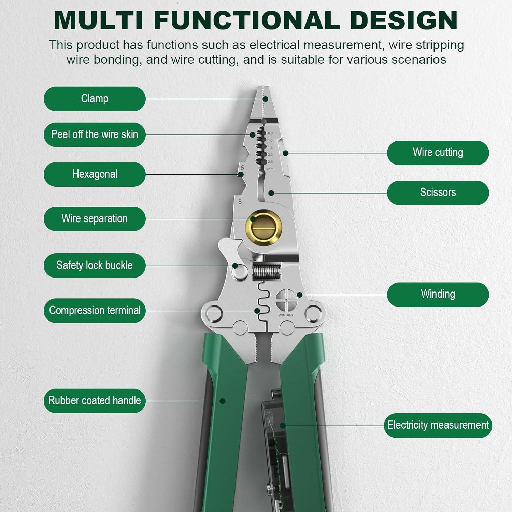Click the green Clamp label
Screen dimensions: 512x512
pos(95,99)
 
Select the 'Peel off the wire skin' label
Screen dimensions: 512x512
pos(95,134)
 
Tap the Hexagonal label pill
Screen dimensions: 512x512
pos(95,174)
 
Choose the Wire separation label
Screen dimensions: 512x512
pos(95,218)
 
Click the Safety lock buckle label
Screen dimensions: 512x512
pos(95,265)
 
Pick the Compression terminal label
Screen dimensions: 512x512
pos(95,310)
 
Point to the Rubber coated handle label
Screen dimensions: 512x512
pos(95,400)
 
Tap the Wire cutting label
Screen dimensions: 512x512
pos(438,153)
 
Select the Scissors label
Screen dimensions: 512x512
pos(438,193)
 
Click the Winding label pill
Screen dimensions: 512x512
pos(438,294)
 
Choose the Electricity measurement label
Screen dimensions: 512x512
pos(438,425)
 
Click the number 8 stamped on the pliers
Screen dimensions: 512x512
pos(240,202)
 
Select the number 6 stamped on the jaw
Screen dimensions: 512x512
pos(242,168)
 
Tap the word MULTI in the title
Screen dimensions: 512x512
pos(98,20)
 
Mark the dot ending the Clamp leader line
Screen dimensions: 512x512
pos(266,99)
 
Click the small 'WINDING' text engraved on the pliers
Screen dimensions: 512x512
pos(286,315)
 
